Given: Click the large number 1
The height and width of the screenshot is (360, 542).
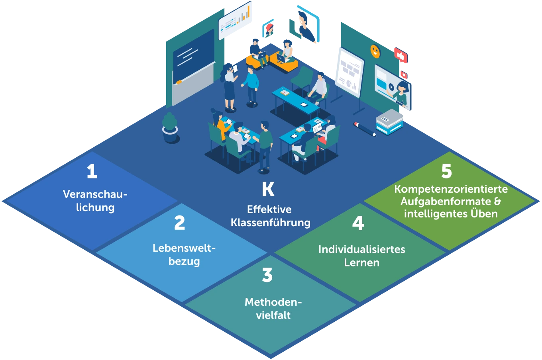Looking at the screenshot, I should [x=92, y=172].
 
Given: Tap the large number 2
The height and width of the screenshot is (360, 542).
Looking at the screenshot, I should [x=180, y=223].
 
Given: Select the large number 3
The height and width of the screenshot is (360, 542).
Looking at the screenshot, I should [x=267, y=275].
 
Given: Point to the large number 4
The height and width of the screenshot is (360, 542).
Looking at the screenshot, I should [x=358, y=223].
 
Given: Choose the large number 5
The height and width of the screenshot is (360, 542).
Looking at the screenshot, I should [x=447, y=172].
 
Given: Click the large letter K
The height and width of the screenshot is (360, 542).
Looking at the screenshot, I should [x=268, y=190].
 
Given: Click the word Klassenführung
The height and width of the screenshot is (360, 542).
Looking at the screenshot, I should [x=271, y=223].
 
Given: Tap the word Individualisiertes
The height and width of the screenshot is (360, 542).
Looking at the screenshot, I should [x=361, y=250].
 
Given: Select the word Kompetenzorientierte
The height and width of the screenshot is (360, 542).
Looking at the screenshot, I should [x=451, y=189].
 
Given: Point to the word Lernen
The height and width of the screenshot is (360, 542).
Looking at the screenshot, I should [x=361, y=263].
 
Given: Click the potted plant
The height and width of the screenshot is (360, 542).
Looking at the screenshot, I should [x=170, y=127].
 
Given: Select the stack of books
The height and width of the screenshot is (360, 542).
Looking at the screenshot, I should [x=389, y=121].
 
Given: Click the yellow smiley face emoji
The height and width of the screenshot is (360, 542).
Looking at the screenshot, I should [x=375, y=51].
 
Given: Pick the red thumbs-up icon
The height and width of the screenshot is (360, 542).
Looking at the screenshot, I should [x=401, y=56].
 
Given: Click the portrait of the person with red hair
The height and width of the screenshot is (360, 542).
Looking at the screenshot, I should [x=269, y=29].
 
